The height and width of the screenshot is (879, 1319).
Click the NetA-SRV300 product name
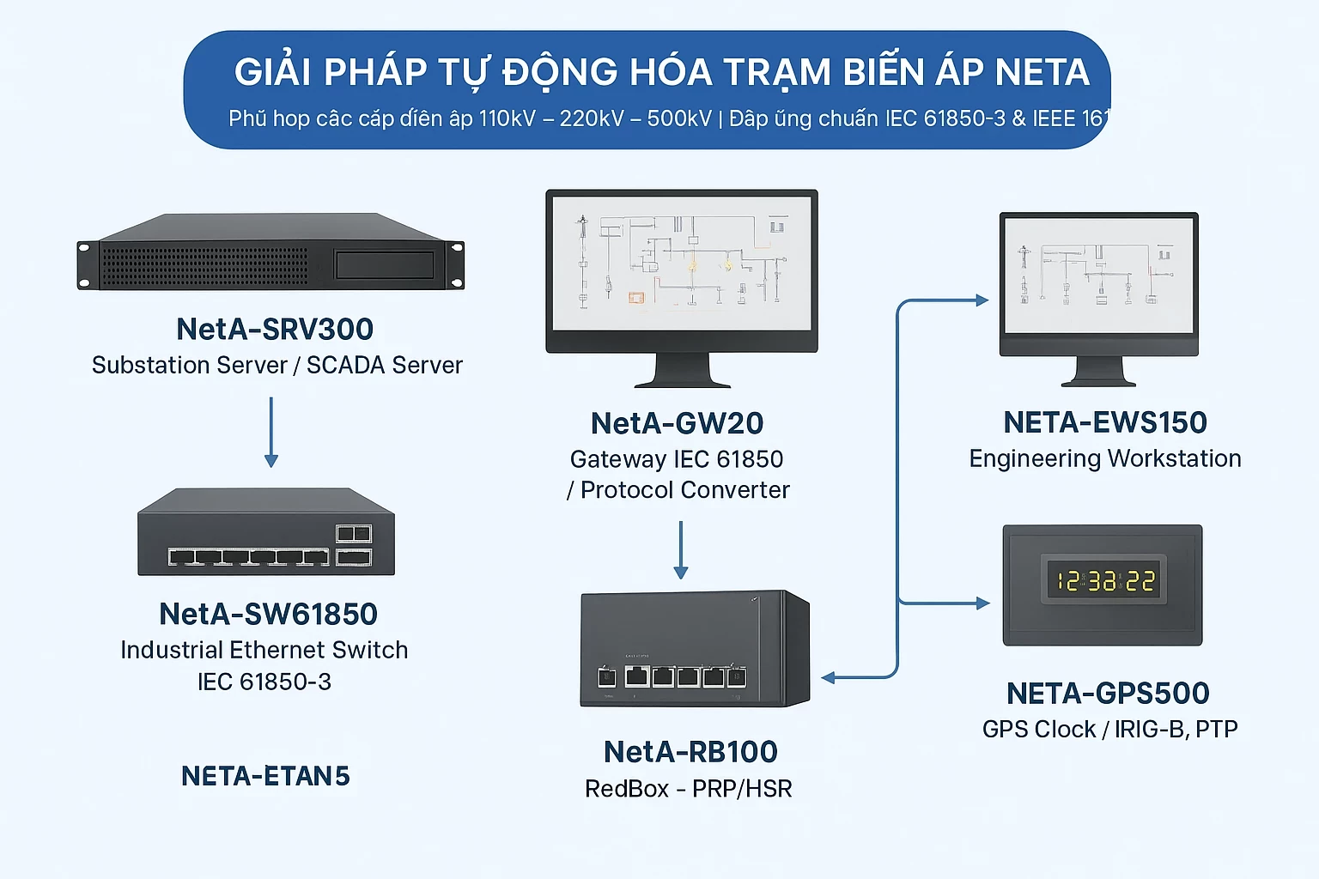(275, 330)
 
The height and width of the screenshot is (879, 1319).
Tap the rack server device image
(270, 252)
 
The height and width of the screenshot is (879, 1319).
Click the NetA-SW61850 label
(268, 615)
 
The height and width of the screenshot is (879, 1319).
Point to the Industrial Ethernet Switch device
(266, 533)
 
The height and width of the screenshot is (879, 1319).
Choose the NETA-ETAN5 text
(265, 777)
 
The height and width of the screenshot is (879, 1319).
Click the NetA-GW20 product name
(677, 423)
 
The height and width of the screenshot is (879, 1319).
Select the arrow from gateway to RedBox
(681, 549)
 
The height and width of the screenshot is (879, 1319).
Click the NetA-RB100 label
(690, 752)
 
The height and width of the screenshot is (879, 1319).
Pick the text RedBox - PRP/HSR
(688, 789)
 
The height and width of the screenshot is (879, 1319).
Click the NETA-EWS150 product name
(1105, 422)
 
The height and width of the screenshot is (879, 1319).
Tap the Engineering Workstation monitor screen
(1099, 276)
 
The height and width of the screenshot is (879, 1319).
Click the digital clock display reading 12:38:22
(1104, 581)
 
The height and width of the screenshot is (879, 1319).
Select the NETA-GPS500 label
(1108, 694)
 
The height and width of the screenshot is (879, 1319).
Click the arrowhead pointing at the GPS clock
(982, 603)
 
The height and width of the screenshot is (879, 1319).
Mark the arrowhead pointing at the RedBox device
(829, 678)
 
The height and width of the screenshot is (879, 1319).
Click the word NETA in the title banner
(1042, 72)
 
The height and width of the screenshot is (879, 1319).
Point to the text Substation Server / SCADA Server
(277, 366)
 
